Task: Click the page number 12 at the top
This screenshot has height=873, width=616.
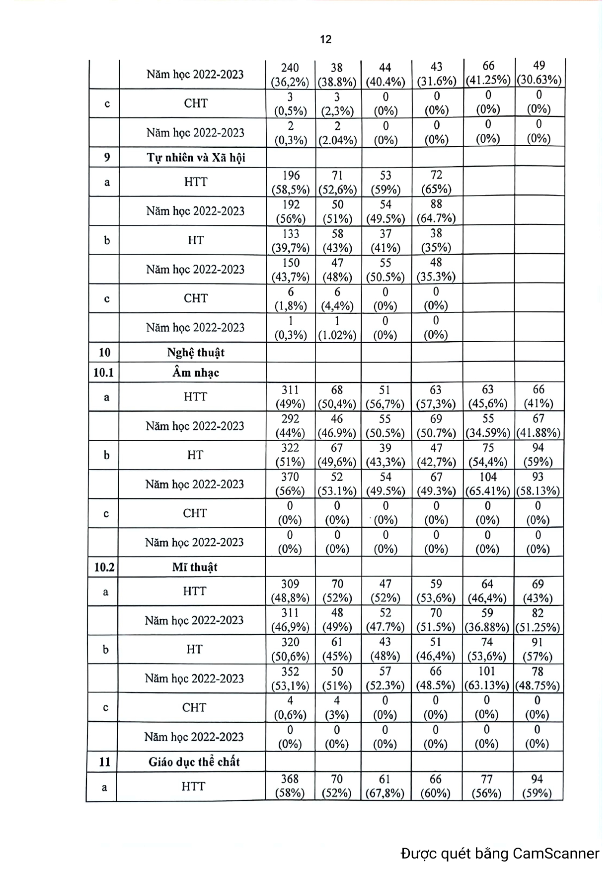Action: [x=325, y=39]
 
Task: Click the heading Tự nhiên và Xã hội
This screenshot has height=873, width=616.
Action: [x=196, y=158]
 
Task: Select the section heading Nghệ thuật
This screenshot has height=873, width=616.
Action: [x=196, y=353]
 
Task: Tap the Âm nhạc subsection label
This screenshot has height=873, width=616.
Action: [x=196, y=373]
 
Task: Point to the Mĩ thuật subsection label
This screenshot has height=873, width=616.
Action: [x=195, y=567]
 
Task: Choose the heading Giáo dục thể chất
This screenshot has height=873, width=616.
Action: [x=194, y=762]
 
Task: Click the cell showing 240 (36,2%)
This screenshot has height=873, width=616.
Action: [x=290, y=75]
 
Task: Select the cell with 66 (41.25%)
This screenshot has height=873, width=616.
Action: [x=488, y=73]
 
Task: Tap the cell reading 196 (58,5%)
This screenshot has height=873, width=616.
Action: [x=291, y=182]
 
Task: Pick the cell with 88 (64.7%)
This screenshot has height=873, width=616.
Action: [x=436, y=211]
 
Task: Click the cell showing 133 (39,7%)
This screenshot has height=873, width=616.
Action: [x=291, y=240]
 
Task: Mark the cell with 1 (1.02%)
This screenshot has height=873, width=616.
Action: [x=337, y=328]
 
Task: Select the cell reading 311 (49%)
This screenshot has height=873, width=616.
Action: [x=290, y=397]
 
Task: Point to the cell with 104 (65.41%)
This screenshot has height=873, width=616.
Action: [x=487, y=484]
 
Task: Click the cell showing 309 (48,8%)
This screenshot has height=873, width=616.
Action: [x=290, y=591]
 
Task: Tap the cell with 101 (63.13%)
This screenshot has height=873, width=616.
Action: [x=487, y=678]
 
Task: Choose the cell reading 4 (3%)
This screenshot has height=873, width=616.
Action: [x=337, y=707]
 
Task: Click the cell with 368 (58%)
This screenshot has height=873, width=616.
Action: [x=290, y=786]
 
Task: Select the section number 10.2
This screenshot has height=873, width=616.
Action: [x=104, y=567]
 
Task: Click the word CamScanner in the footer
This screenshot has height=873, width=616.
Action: [x=556, y=854]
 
